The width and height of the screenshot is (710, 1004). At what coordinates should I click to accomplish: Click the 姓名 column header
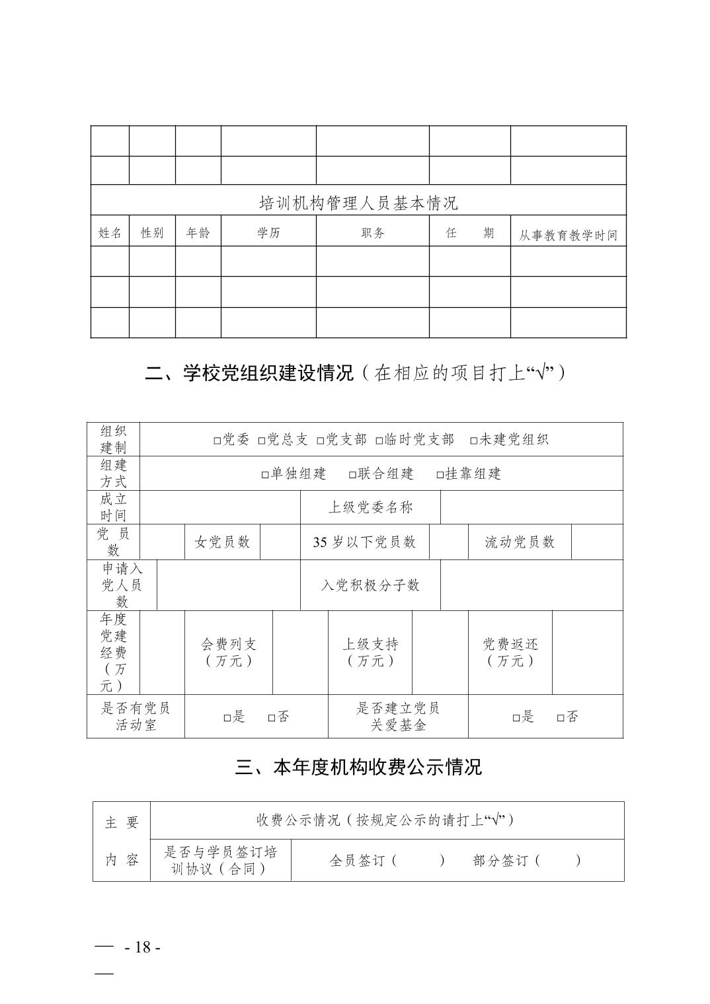click(x=110, y=233)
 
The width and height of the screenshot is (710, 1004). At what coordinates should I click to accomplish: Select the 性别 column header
click(x=152, y=233)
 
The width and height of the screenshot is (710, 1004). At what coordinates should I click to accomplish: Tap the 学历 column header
click(x=268, y=233)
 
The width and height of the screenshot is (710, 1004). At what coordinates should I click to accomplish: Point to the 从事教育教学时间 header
click(x=568, y=235)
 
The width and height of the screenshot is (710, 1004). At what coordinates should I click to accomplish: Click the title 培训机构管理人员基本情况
click(x=358, y=203)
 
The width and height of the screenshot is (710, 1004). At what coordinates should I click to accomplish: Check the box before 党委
click(x=217, y=441)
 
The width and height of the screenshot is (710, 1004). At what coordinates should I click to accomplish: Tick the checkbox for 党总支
click(x=262, y=441)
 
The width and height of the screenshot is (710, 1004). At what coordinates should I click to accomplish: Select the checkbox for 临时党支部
click(x=379, y=441)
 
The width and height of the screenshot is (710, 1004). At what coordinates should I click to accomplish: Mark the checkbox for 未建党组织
click(x=474, y=441)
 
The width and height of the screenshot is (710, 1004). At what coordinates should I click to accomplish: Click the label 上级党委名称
click(x=370, y=507)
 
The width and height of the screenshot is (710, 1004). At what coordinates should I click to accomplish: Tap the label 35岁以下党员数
click(x=364, y=542)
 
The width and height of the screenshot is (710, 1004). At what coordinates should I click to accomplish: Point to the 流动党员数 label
click(x=520, y=542)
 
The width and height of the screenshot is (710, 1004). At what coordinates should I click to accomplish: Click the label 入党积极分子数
click(x=370, y=585)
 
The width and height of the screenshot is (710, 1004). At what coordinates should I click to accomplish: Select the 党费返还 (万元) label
click(x=510, y=652)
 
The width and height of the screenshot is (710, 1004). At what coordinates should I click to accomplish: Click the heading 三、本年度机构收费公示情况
click(x=359, y=767)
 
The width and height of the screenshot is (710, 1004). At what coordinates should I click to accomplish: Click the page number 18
click(x=143, y=947)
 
